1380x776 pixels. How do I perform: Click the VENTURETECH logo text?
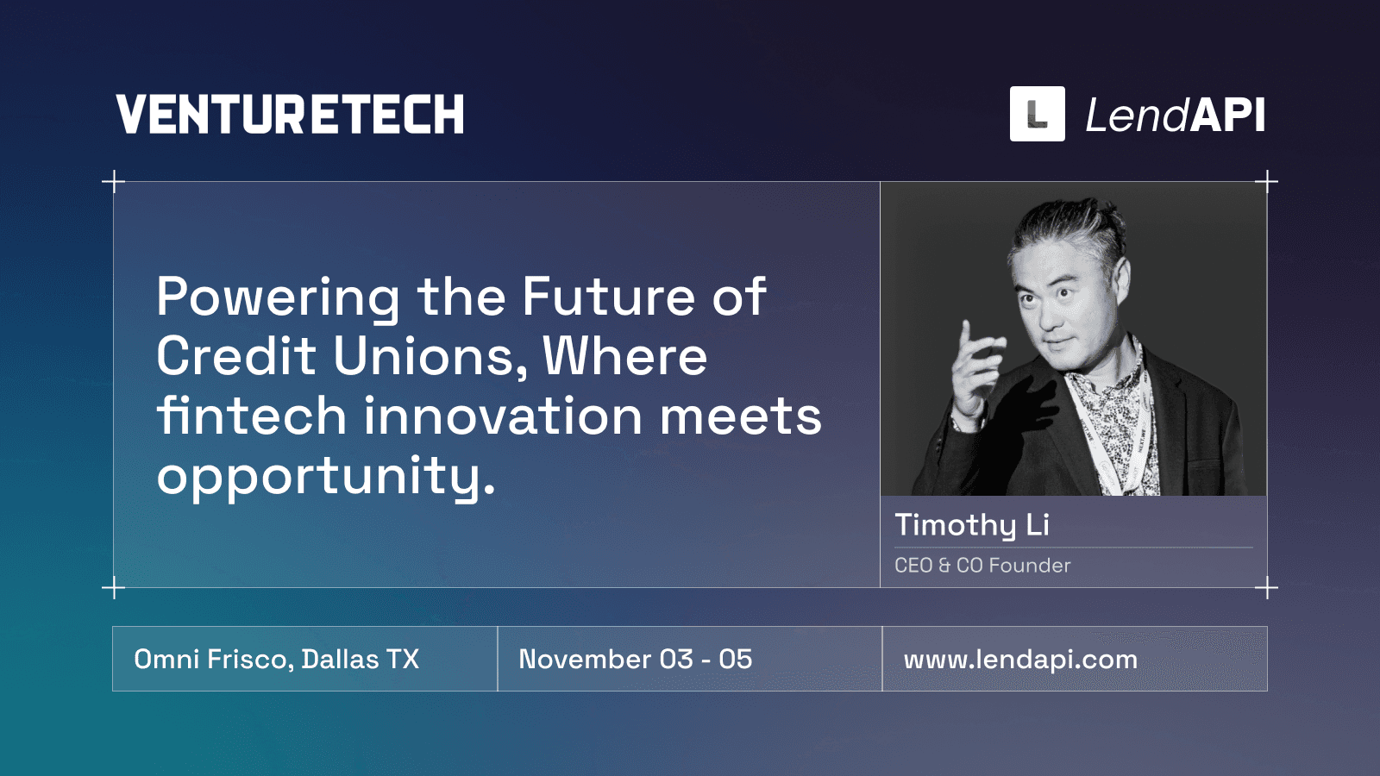pos(290,115)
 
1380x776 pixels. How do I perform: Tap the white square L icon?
pos(1037,114)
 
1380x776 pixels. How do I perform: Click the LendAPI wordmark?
pos(1175,115)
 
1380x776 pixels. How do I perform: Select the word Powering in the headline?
pos(278,298)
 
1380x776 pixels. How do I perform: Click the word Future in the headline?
pos(608,297)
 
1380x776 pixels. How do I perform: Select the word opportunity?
pos(326,476)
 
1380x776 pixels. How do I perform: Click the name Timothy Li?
pos(971,525)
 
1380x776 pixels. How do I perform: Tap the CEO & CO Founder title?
pos(982,566)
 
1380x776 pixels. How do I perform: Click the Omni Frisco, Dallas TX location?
pos(276,660)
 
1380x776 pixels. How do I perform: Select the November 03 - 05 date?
pos(635,660)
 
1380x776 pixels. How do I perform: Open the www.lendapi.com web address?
pos(1020,660)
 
